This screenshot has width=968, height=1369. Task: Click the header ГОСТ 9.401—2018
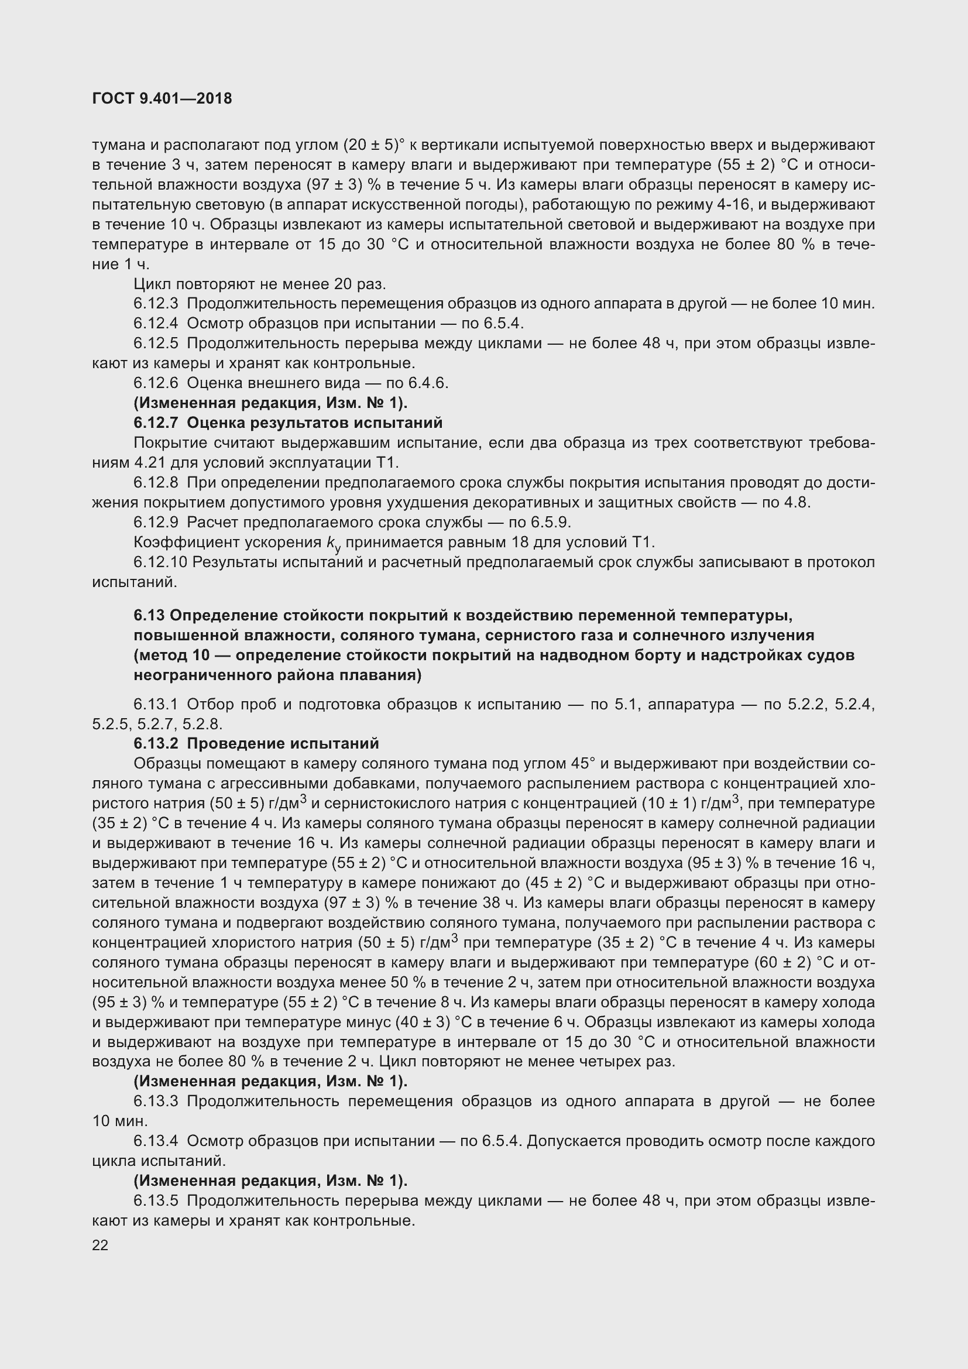coord(162,99)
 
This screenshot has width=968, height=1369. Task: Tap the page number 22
coord(100,1246)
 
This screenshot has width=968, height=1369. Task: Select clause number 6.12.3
coord(156,304)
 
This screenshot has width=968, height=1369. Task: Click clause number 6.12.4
coord(156,323)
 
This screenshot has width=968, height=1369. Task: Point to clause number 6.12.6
coord(156,383)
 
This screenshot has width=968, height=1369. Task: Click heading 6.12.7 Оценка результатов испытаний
coord(288,423)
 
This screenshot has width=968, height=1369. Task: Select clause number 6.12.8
coord(156,482)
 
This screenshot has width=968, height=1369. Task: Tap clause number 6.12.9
coord(156,522)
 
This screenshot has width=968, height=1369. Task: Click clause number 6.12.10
coord(160,562)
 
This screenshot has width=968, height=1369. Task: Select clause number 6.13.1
coord(156,705)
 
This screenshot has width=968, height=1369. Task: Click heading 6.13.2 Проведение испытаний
coord(256,743)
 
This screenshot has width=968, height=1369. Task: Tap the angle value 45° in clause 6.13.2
coord(583,763)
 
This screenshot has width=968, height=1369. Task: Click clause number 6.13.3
coord(156,1102)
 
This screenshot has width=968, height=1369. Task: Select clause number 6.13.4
coord(156,1141)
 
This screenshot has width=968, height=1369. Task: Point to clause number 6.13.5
coord(156,1201)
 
